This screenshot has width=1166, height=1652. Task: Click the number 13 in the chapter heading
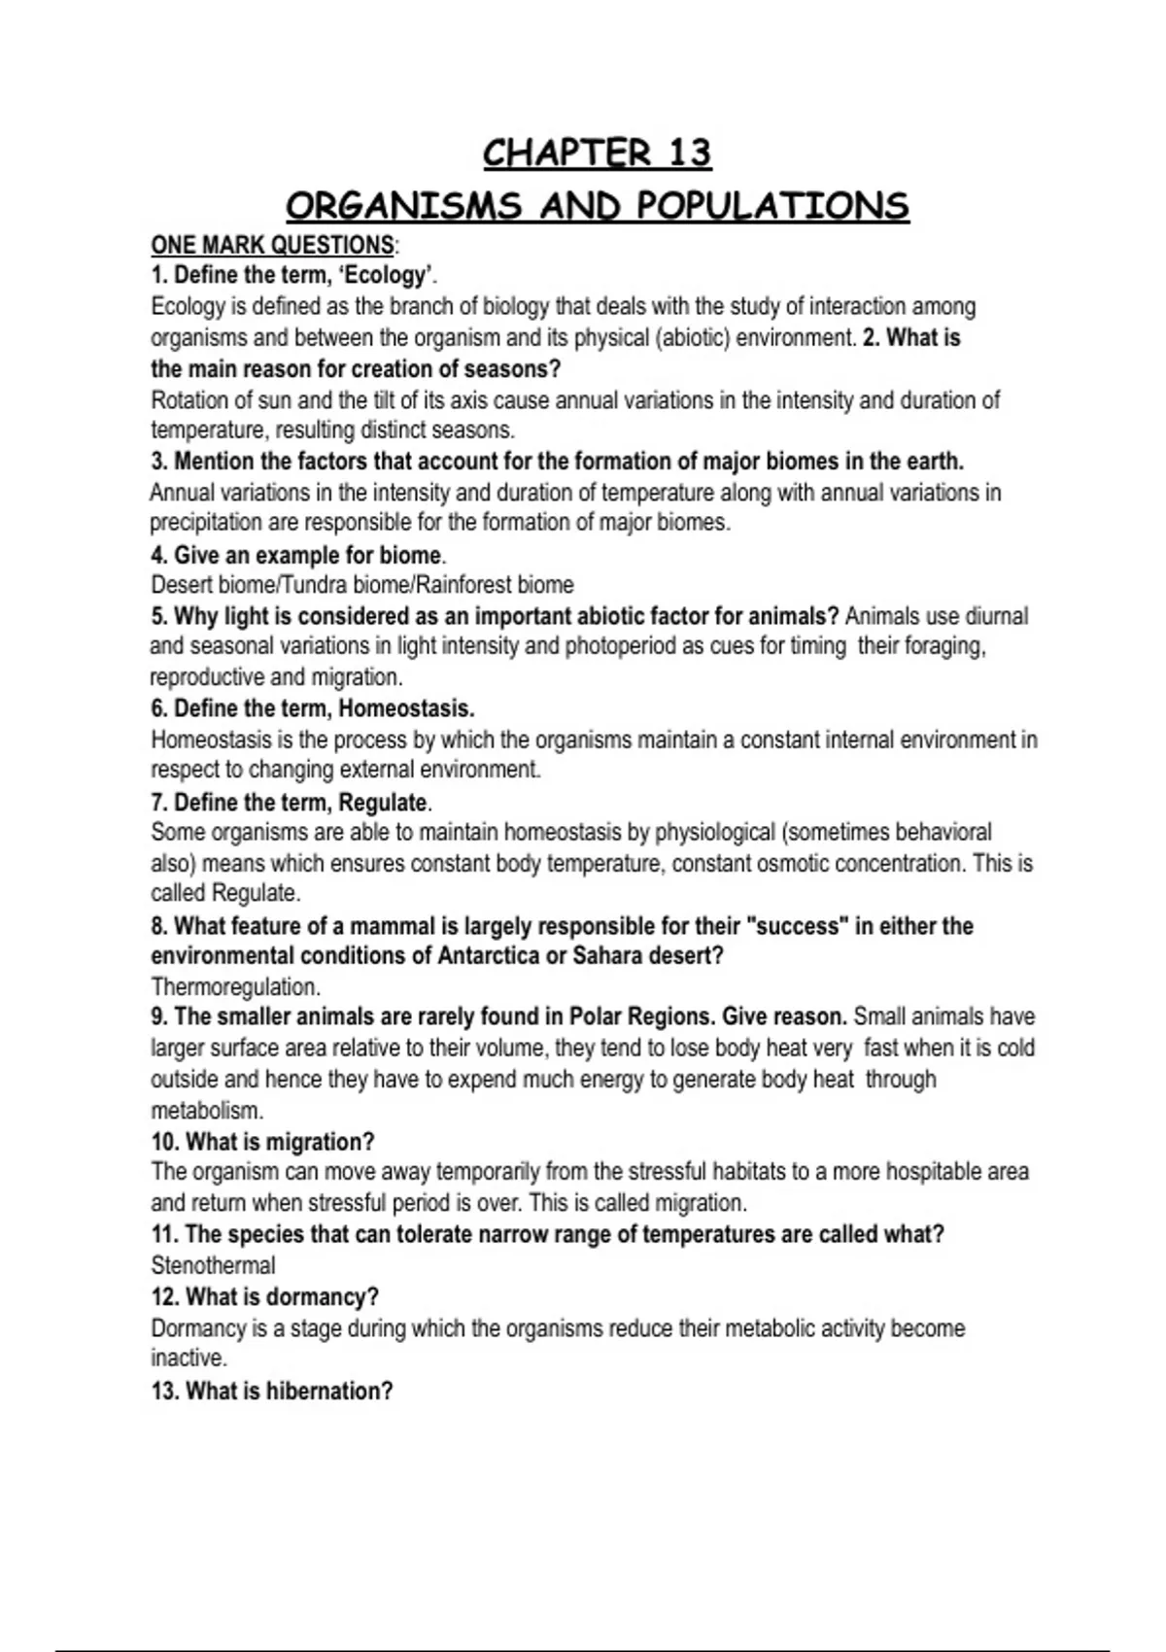689,154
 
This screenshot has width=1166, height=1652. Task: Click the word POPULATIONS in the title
772,206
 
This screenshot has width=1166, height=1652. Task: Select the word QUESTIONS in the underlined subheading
333,245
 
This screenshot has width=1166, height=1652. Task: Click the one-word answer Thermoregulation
235,987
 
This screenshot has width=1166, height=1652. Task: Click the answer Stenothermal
213,1265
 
